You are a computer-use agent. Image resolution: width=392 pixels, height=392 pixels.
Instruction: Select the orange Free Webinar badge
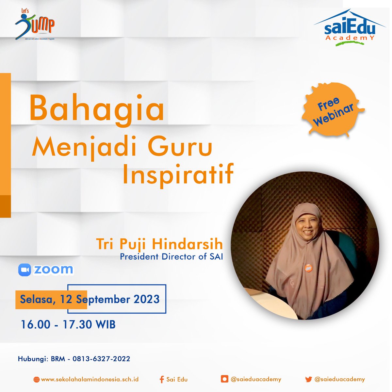tap(333, 111)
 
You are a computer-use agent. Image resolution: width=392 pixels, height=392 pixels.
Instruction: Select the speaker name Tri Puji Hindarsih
tap(159, 244)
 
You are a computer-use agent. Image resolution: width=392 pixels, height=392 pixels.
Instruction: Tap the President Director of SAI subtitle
tap(171, 257)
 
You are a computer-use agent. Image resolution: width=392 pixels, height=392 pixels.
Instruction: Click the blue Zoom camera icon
tap(25, 270)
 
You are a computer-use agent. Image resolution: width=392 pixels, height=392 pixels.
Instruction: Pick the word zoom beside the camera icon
tap(54, 270)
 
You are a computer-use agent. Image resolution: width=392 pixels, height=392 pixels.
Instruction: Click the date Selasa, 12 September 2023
tap(90, 299)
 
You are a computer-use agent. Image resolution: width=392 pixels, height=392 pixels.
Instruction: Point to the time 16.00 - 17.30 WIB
tap(68, 324)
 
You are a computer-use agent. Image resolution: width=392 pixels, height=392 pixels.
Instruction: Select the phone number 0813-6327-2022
tap(101, 359)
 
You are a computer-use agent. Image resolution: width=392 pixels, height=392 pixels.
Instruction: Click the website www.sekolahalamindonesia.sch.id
tap(90, 379)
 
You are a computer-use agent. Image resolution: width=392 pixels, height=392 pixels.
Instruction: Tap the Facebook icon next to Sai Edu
tap(161, 379)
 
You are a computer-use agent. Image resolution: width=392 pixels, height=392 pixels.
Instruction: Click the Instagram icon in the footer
tap(224, 379)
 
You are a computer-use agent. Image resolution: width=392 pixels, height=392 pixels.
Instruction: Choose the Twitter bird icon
tap(308, 379)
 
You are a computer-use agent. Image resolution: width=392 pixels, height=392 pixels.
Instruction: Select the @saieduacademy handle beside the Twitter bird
tap(339, 379)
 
